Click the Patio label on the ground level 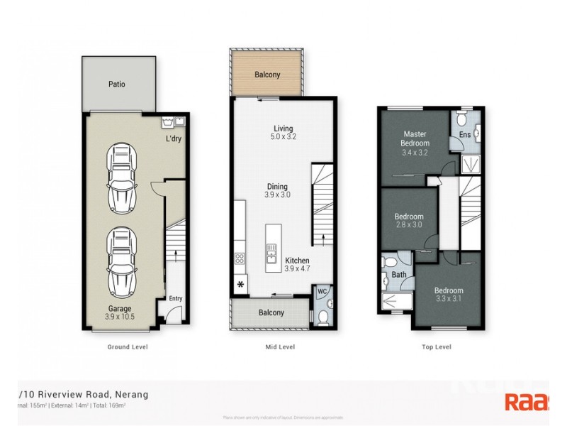click(x=117, y=84)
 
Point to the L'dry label click(x=174, y=138)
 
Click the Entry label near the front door click(x=175, y=299)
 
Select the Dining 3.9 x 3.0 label click(x=278, y=190)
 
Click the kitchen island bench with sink click(x=271, y=248)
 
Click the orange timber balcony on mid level click(x=267, y=74)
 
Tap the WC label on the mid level click(x=321, y=291)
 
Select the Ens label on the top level click(x=465, y=135)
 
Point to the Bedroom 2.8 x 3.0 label click(x=409, y=221)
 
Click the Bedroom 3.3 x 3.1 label click(x=449, y=295)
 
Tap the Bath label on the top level click(x=399, y=275)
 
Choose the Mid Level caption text click(x=279, y=347)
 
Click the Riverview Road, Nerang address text click(x=78, y=394)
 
